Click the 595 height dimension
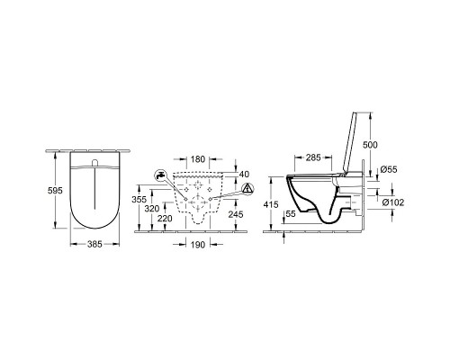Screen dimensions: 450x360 pyautogui.click(x=55, y=190)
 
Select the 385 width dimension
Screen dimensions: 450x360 pyautogui.click(x=94, y=244)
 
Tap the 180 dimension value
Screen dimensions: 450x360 pyautogui.click(x=198, y=159)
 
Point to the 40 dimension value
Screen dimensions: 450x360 pyautogui.click(x=244, y=174)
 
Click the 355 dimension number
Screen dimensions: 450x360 pyautogui.click(x=139, y=199)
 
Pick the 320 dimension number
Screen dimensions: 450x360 pyautogui.click(x=152, y=209)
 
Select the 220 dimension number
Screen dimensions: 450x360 pyautogui.click(x=165, y=219)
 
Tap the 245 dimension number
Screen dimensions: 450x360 pyautogui.click(x=236, y=214)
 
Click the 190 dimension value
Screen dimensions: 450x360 pyautogui.click(x=198, y=245)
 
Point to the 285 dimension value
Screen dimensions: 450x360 pyautogui.click(x=313, y=157)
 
